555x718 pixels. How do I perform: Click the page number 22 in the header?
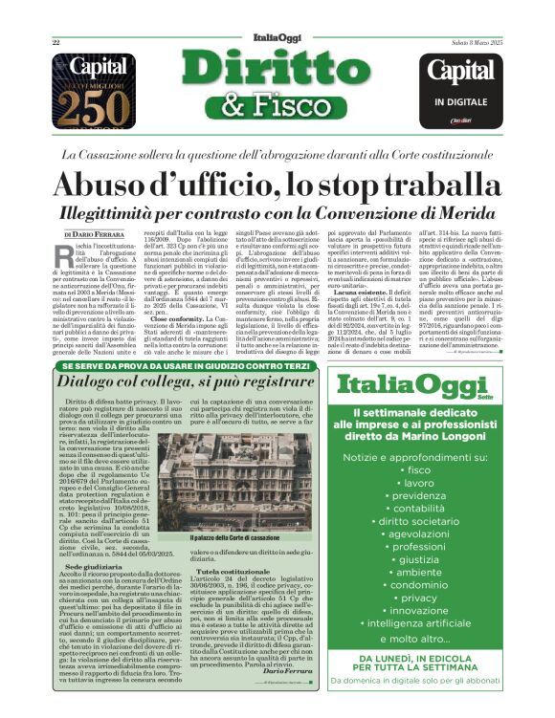pyautogui.click(x=56, y=43)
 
